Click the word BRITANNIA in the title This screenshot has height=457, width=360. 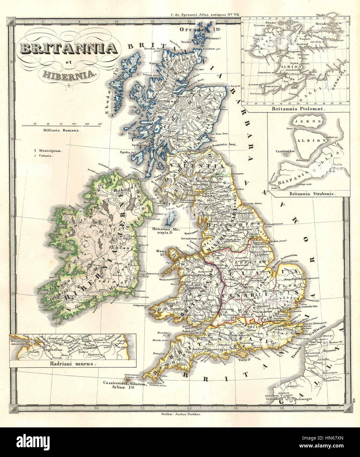69,48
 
